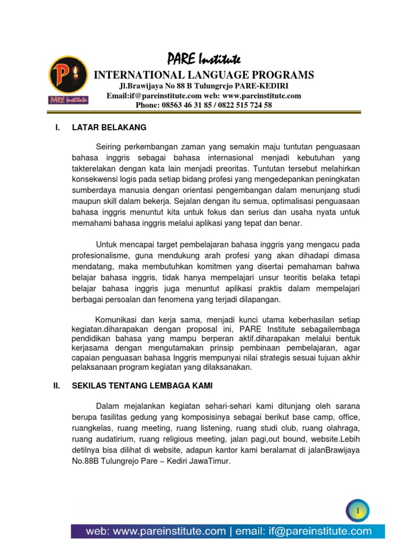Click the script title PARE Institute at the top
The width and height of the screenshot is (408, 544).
point(204,58)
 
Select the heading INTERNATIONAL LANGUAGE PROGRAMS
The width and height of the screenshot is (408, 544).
point(204,74)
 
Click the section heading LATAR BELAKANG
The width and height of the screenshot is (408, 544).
point(109,127)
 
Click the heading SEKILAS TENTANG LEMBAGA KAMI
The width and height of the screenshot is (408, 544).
point(142,386)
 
